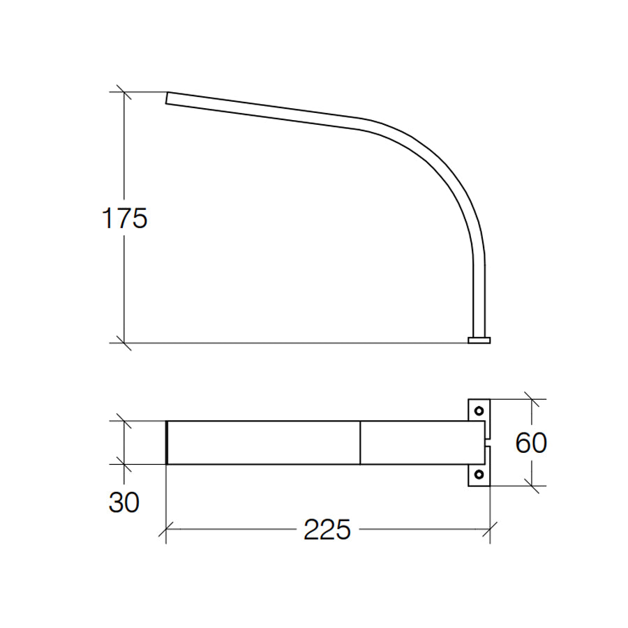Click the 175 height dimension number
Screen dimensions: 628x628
pos(125,218)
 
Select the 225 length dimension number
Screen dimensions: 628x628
pos(327,530)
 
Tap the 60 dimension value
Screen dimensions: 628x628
pos(530,442)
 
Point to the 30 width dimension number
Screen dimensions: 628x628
pos(124,502)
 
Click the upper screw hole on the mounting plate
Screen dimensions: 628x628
pos(479,410)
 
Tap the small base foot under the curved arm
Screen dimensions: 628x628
pos(479,341)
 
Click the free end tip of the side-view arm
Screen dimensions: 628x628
pos(167,98)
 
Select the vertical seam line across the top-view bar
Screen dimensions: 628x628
pos(360,442)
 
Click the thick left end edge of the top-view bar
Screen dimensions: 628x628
pos(167,442)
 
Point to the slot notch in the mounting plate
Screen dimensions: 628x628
pos(487,442)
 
